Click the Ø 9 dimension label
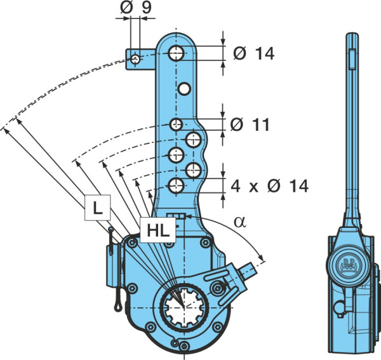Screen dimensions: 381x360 point(136,8)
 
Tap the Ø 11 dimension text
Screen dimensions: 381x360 point(250,124)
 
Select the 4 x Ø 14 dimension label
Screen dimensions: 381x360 point(269,186)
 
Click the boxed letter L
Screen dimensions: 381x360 point(97,208)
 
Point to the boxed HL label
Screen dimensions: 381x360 point(157,230)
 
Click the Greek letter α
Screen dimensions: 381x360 point(240,222)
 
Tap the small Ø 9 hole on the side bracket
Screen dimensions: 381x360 point(135,59)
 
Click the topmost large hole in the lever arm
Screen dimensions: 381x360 point(177,53)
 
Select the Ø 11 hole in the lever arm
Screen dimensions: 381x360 point(176,124)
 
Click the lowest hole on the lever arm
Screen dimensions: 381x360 point(176,186)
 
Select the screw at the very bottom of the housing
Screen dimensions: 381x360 point(184,345)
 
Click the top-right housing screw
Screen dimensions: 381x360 point(206,242)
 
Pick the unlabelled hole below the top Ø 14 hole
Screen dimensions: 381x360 point(184,89)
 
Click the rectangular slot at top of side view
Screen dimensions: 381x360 point(352,59)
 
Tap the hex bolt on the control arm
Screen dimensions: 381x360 point(217,288)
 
